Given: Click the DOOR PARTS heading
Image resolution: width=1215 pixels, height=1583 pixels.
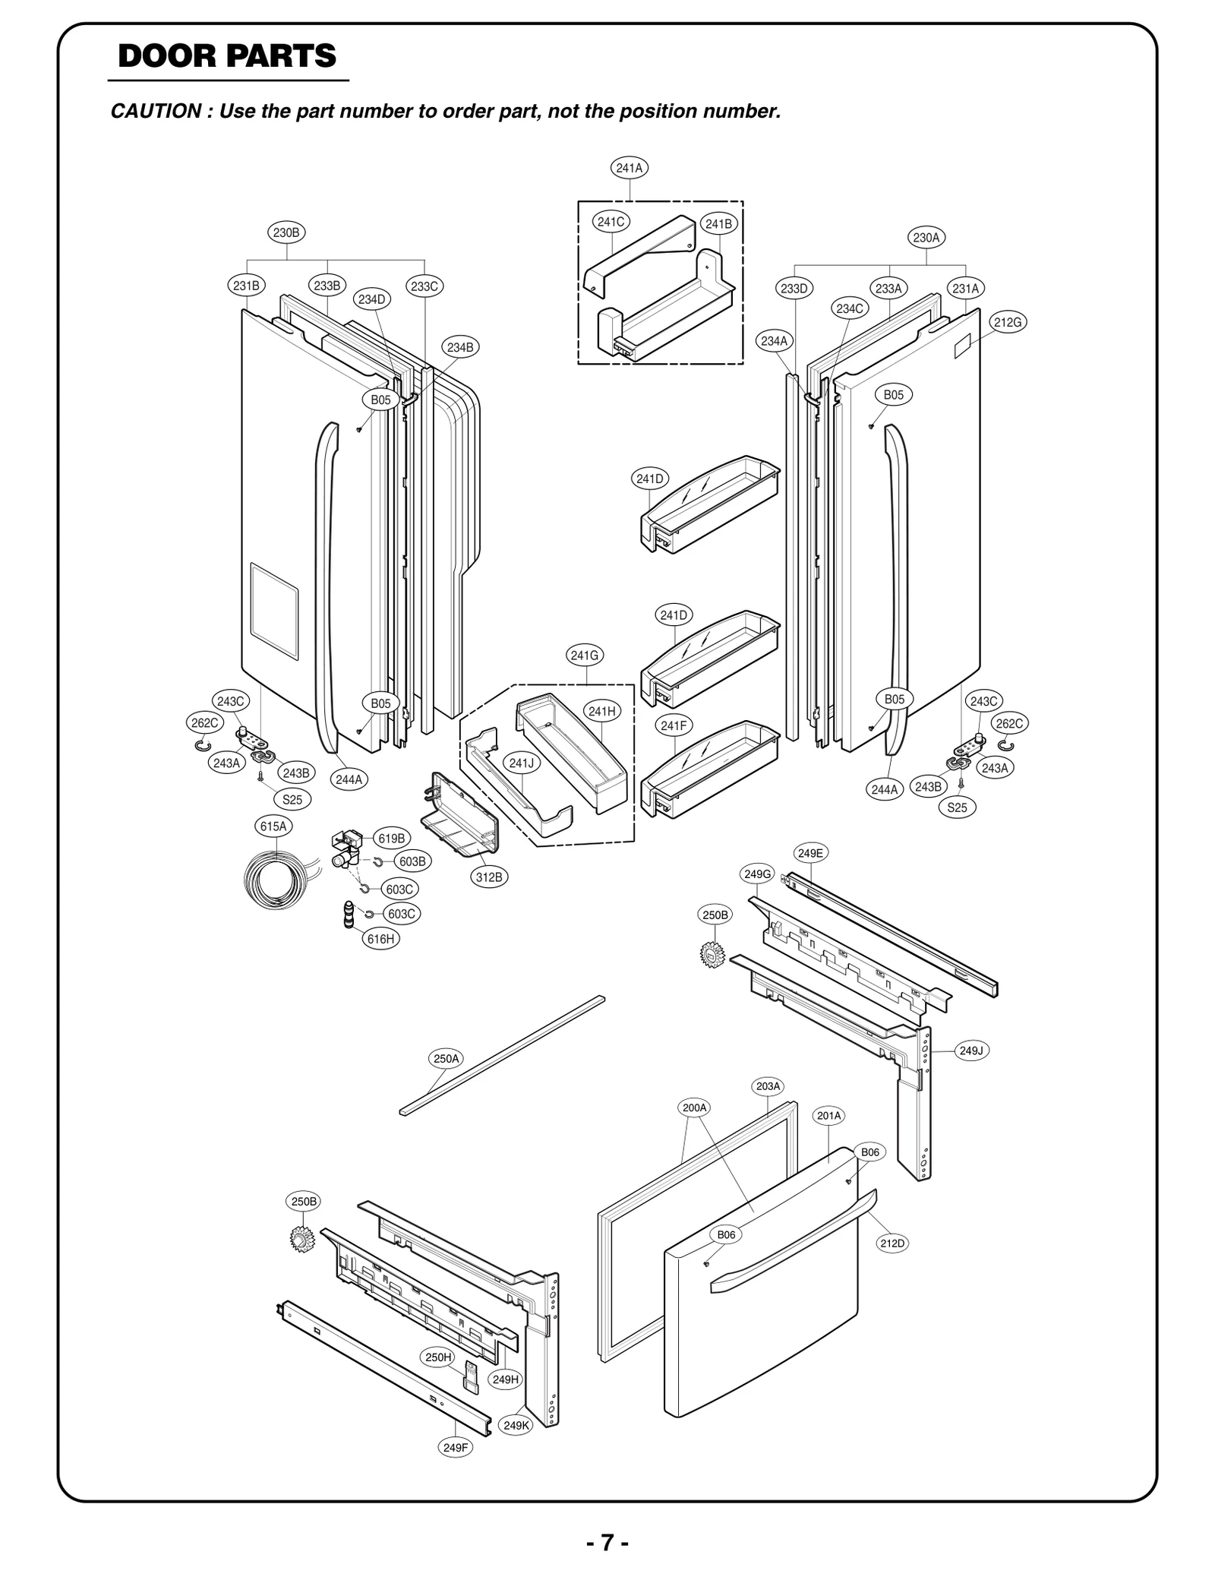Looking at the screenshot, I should [x=227, y=56].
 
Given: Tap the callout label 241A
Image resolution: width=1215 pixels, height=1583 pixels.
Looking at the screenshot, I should [x=629, y=168].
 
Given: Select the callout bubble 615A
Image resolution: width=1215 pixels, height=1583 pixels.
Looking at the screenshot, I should [x=273, y=826].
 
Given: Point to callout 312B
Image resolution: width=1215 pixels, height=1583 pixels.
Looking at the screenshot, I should [x=489, y=877].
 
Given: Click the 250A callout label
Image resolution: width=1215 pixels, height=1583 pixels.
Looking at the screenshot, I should [x=446, y=1058].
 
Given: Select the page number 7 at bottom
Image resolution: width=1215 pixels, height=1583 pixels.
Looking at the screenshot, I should [x=607, y=1543].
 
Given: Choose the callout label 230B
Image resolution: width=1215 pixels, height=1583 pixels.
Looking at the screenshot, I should [x=286, y=232].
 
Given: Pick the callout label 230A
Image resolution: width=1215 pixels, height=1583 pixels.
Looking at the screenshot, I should [x=926, y=238].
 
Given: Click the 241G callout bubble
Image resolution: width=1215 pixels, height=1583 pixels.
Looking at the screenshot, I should [x=584, y=655].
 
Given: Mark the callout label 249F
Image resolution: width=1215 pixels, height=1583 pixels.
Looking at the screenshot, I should [x=456, y=1447].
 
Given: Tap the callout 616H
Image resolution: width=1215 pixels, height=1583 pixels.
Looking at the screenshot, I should [x=380, y=939].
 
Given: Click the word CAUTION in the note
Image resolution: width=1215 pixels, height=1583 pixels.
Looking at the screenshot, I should [x=156, y=112].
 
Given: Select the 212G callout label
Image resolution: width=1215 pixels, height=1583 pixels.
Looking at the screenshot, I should [x=1008, y=322].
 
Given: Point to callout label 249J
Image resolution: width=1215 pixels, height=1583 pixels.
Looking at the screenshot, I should [x=970, y=1051].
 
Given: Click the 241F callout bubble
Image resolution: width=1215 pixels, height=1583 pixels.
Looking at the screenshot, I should [x=673, y=725].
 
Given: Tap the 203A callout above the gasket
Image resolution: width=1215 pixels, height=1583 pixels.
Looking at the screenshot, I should [x=768, y=1086].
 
